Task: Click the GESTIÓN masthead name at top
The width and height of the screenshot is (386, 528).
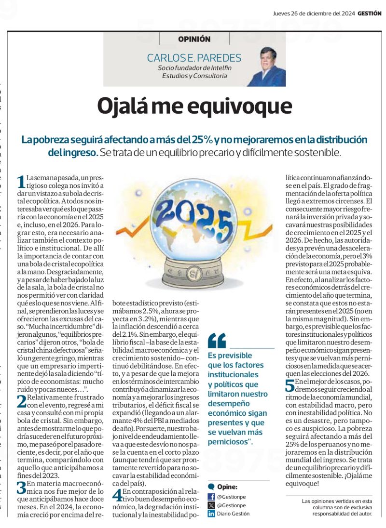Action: (x=370, y=14)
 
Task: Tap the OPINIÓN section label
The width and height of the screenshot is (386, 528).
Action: (x=194, y=39)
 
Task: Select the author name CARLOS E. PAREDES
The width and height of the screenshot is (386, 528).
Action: (x=194, y=58)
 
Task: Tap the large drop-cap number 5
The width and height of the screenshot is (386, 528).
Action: (x=289, y=385)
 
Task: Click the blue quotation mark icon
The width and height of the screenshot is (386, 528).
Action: (x=217, y=341)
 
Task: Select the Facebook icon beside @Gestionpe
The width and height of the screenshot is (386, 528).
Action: (x=211, y=497)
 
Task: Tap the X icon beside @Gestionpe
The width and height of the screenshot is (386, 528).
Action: (x=211, y=505)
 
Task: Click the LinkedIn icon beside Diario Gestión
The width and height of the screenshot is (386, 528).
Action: (x=211, y=514)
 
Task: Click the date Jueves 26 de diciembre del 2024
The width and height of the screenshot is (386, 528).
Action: (x=314, y=14)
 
